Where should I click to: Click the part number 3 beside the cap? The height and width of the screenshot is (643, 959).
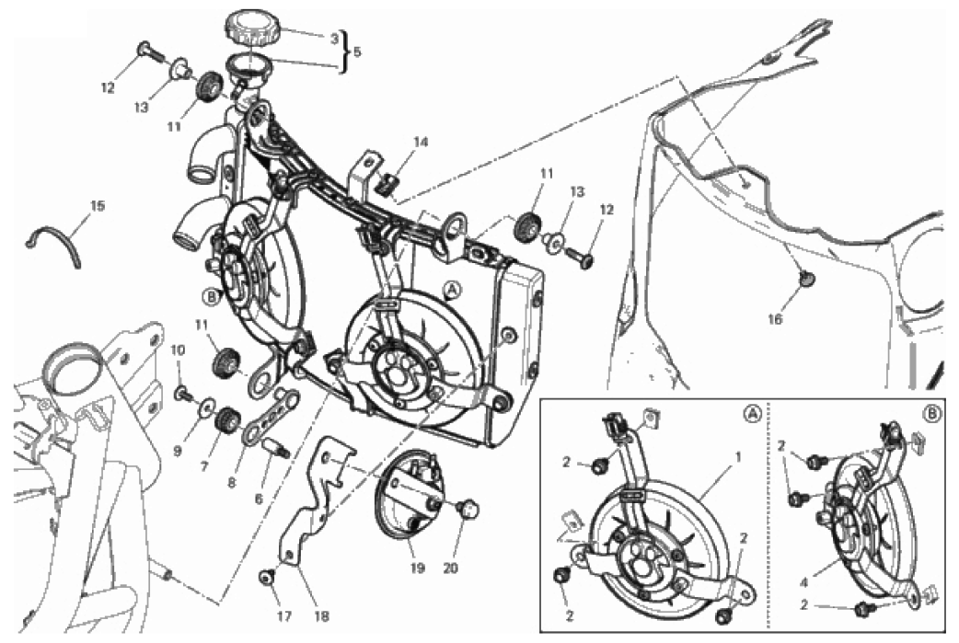coord(334,39)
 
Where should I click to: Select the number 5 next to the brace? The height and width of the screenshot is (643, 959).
coord(356,52)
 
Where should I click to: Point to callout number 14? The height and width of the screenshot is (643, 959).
coord(421,142)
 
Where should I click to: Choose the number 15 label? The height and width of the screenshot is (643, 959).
coord(98,206)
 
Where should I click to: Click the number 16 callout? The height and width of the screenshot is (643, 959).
coord(775,318)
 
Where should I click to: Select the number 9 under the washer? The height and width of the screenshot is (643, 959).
coord(178,451)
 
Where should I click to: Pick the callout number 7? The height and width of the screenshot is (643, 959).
coord(205,466)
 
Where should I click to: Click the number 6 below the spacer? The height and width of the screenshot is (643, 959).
coord(259,499)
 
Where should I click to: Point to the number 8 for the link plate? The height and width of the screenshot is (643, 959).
coord(232,483)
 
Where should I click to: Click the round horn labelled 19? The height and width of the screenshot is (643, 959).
coord(409,497)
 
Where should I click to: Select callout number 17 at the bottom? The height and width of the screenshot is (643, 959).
coord(284,616)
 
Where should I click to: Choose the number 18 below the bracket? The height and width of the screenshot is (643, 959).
coord(322,616)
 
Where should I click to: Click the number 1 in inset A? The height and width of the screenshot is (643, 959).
coord(738,456)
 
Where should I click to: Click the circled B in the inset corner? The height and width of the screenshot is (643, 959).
coord(931,414)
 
